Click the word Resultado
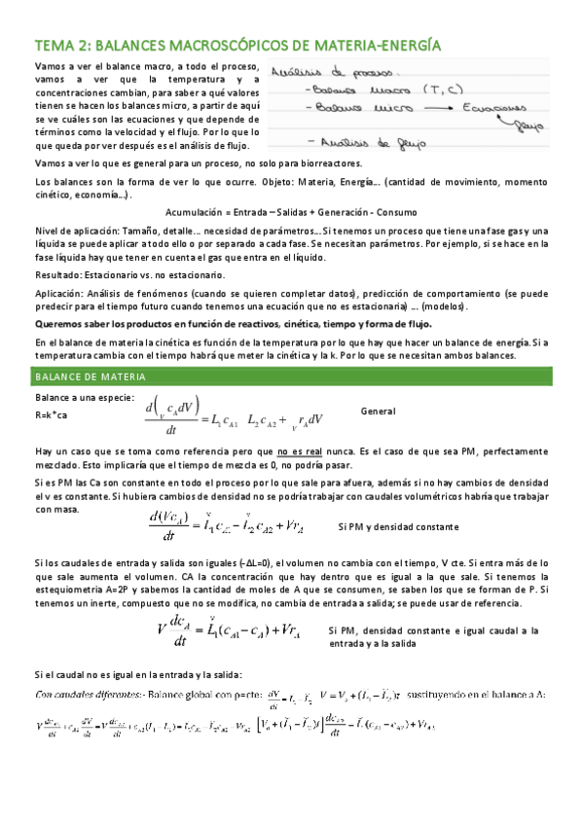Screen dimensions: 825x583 (x=57, y=275)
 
